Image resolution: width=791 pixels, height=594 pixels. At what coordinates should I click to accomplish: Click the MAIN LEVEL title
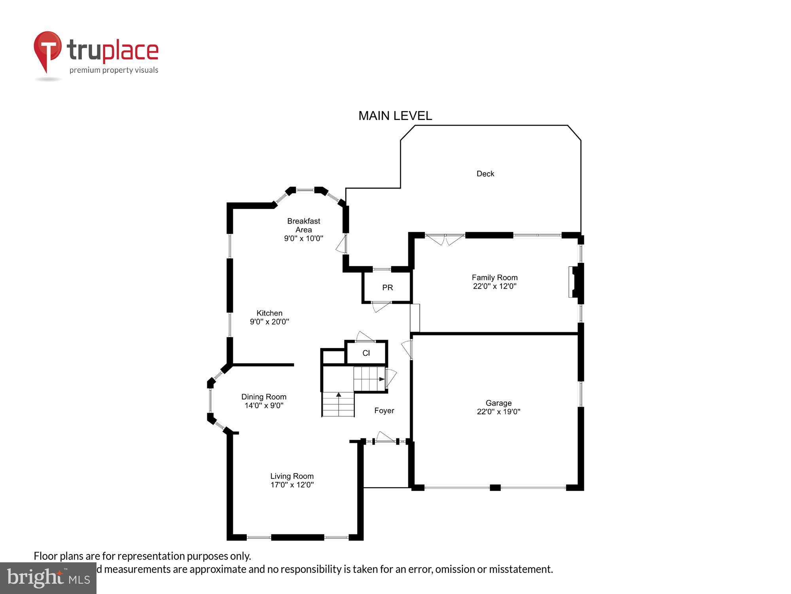pos(395,116)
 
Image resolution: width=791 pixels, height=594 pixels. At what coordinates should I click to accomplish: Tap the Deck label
pos(485,173)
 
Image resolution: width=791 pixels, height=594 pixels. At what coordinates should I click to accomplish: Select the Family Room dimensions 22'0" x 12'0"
pos(494,286)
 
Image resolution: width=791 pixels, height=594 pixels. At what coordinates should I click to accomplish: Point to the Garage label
pos(498,403)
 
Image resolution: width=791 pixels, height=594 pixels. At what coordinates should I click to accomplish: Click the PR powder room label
pos(387,287)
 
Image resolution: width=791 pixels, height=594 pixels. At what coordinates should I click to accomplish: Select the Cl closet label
pos(366,353)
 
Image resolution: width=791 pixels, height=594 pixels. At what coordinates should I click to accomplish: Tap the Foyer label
pos(384,411)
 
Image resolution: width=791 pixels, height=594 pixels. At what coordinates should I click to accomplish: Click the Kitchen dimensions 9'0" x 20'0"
pos(269,322)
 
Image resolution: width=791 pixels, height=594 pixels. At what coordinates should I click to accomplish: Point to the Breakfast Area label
pos(303,225)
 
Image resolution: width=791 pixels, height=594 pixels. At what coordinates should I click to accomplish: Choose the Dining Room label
pos(263,397)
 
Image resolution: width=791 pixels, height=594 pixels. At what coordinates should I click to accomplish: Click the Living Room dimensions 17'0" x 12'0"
pos(292,485)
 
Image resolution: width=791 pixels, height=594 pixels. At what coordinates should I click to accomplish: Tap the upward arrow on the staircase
pos(339,395)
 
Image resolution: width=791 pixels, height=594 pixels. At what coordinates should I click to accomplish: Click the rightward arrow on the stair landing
pos(381,379)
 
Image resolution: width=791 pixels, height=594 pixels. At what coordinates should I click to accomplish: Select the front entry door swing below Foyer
pos(385,437)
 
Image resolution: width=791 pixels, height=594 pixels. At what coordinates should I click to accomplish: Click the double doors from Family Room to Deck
pos(445,240)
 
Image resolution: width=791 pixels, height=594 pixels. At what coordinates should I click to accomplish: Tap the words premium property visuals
pos(114,70)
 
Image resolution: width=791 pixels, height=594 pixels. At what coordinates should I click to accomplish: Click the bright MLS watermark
pos(48,578)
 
